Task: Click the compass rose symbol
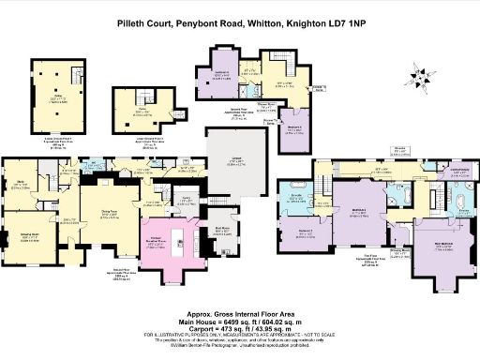coord(417,77)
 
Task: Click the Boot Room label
coord(224,229)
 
